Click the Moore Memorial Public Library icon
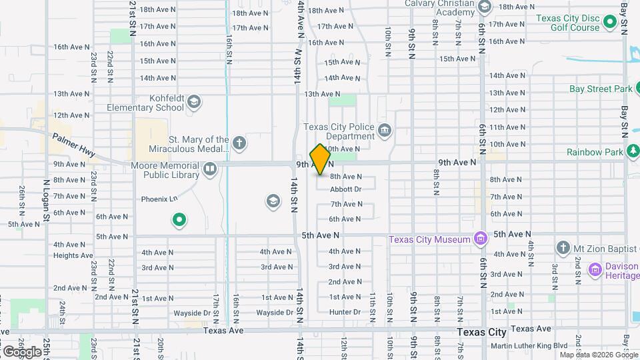coord(210,169)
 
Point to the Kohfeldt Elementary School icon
coord(194,102)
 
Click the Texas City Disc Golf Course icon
coord(609,23)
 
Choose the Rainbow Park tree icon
coord(631,152)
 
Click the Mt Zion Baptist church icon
coord(563,248)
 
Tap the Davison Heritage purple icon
coord(595,270)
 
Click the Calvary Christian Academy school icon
coord(485,7)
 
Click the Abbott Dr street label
coord(345,189)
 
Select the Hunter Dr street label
coord(345,312)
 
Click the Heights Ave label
coord(73,255)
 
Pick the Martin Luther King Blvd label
coord(529,345)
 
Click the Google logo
coord(22,351)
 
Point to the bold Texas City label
coord(482,331)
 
